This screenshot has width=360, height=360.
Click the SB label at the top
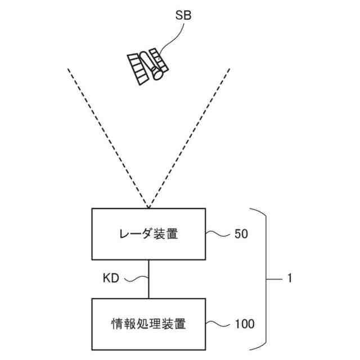(x=183, y=16)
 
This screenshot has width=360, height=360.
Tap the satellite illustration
(x=147, y=66)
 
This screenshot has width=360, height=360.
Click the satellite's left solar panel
(x=137, y=68)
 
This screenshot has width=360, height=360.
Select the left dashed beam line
(x=107, y=135)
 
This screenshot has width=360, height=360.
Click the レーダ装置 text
(x=148, y=234)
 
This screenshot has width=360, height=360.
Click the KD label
(x=111, y=278)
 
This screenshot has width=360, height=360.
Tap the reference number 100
(x=244, y=324)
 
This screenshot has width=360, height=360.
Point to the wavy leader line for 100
(x=218, y=323)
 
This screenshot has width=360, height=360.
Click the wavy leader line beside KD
(x=135, y=278)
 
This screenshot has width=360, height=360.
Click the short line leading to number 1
(x=276, y=278)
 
